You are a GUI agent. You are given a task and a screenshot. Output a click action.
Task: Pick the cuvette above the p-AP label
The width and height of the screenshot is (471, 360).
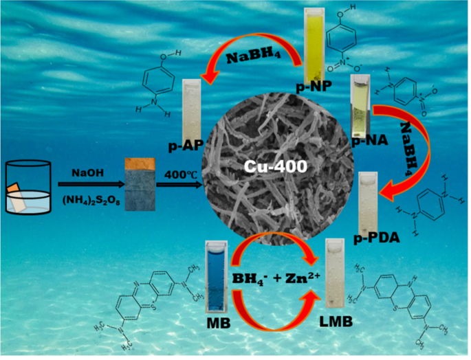pos(190,109)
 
